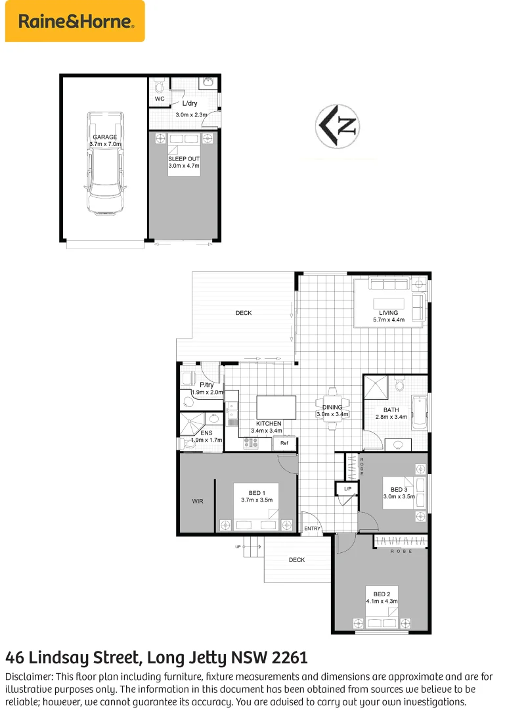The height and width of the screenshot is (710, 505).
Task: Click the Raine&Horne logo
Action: (75, 22)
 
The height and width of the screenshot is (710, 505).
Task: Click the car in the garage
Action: (105, 162)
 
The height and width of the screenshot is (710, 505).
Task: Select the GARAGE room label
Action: (105, 137)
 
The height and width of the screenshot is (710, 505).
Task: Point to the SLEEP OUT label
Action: (184, 159)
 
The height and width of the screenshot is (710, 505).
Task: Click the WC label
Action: (160, 99)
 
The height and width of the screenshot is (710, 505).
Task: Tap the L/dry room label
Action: (190, 103)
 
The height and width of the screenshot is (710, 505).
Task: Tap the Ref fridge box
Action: (284, 443)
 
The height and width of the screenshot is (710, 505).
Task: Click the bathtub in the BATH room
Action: (419, 412)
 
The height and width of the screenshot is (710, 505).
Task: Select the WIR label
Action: (198, 501)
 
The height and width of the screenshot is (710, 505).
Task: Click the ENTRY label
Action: (313, 529)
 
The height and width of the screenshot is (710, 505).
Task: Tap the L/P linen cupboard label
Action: (347, 488)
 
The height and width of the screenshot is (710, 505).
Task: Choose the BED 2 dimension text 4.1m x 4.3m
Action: (382, 601)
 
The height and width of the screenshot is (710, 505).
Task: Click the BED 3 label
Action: (399, 490)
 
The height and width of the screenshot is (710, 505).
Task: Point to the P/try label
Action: (207, 385)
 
